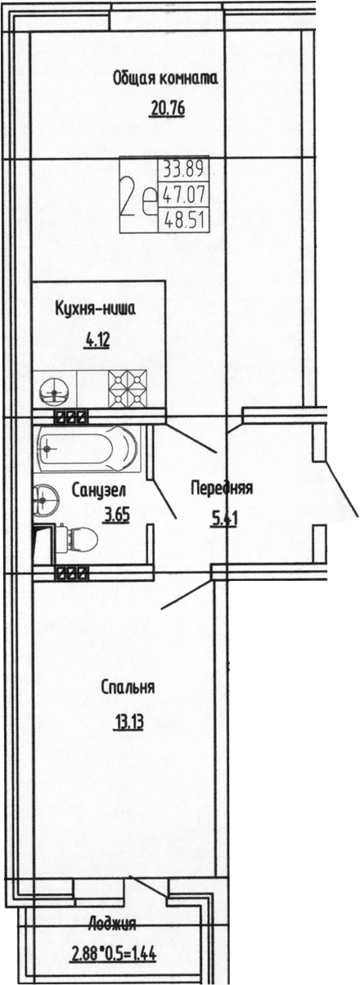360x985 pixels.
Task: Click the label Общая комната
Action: click(x=164, y=79)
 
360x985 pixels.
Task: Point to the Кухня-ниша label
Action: click(x=94, y=308)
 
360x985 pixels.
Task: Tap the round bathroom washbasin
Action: click(x=43, y=497)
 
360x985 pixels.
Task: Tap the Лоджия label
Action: click(x=112, y=925)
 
